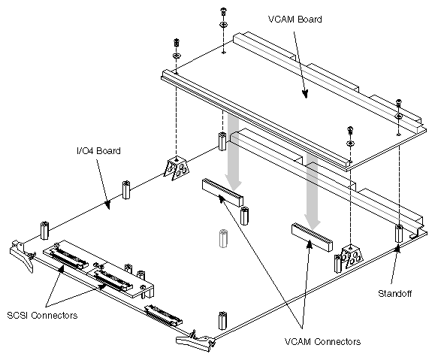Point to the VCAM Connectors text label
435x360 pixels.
click(323, 341)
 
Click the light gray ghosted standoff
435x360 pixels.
click(222, 239)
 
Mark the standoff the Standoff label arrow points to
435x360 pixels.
click(398, 233)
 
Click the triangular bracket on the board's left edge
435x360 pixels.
click(175, 170)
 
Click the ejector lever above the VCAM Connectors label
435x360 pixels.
click(197, 341)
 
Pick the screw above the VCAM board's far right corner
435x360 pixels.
click(397, 104)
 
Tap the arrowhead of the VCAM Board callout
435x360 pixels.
click(305, 95)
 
